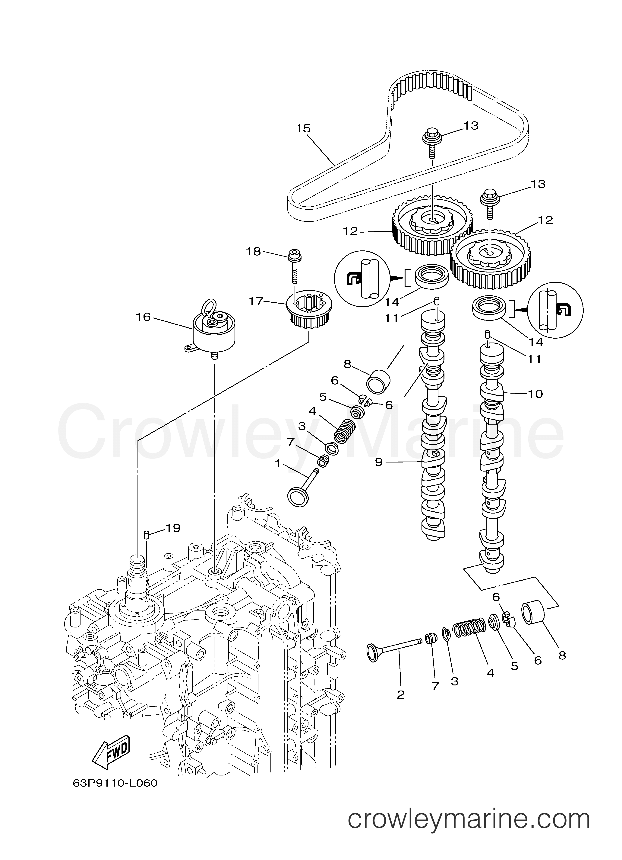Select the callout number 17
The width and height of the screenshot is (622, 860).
(x=256, y=301)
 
